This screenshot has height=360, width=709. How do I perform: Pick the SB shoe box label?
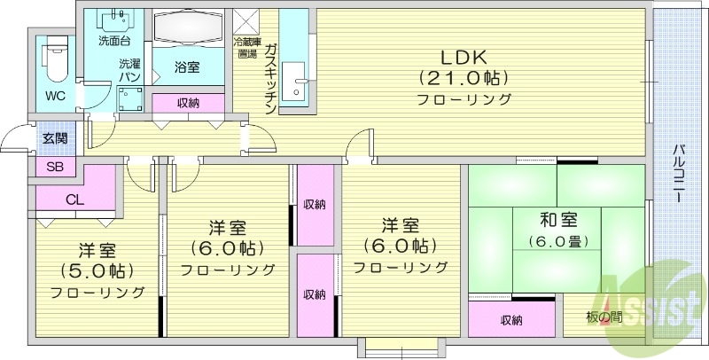54,168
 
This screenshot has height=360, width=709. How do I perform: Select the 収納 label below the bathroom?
188,104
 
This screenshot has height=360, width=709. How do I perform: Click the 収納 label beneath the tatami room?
511,319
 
